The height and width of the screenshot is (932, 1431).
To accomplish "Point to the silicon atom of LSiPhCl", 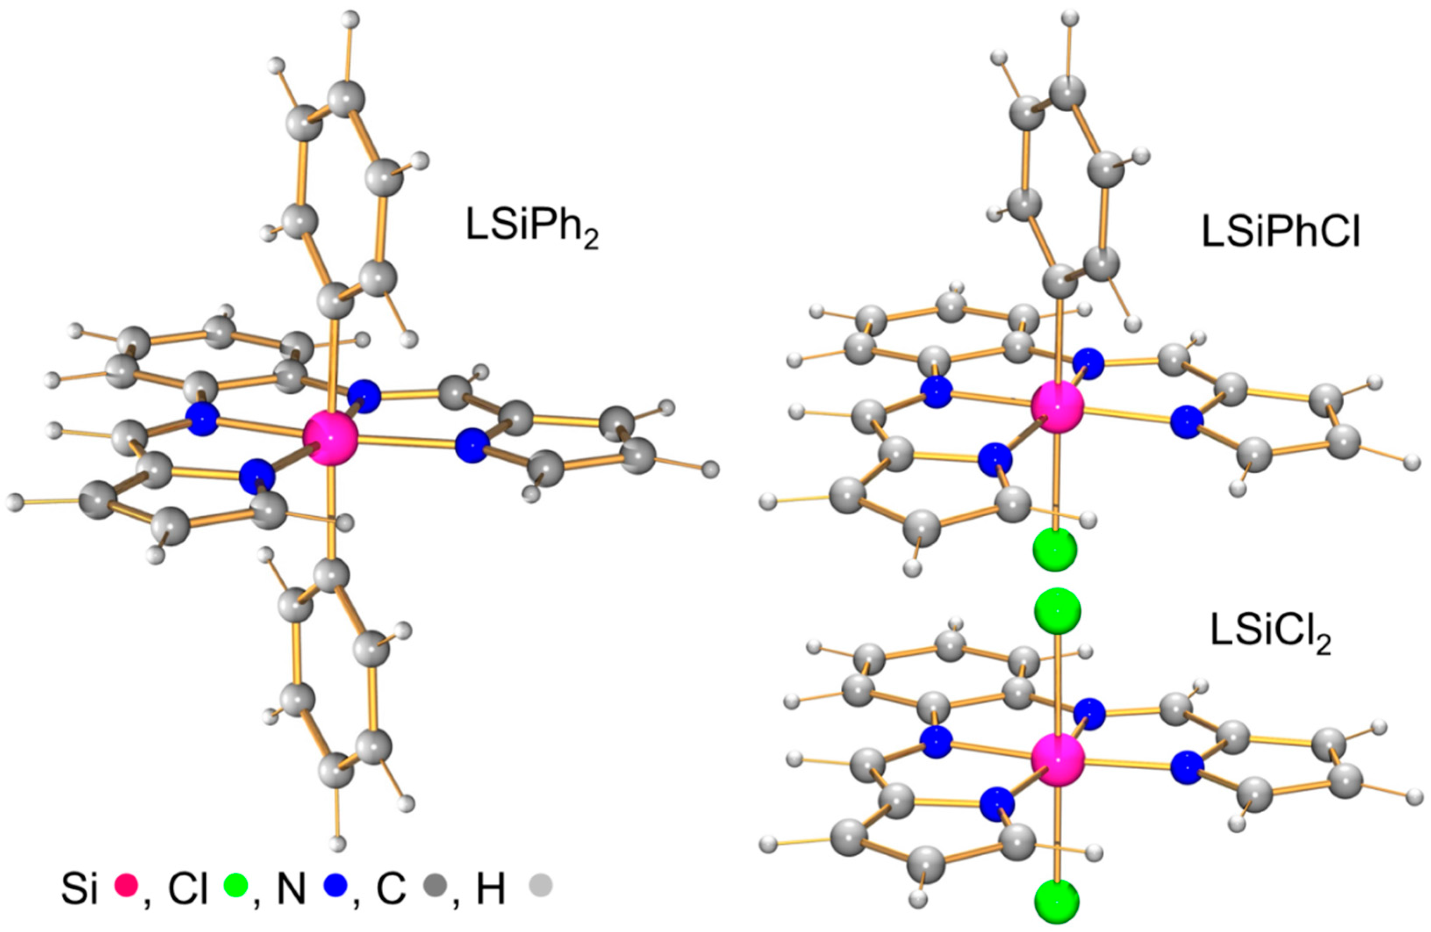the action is (1057, 407).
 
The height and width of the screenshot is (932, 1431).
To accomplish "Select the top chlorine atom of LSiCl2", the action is (1057, 611).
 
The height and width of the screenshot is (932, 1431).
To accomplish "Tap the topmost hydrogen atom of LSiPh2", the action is (350, 19).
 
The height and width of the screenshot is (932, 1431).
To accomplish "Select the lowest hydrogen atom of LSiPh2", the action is (339, 843).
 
